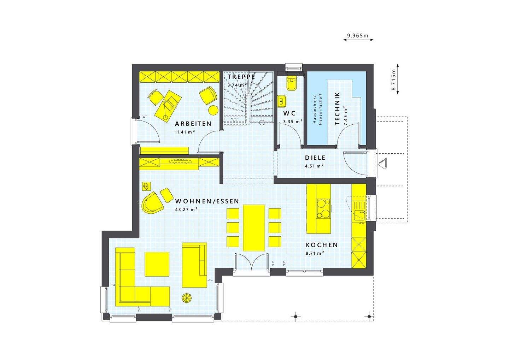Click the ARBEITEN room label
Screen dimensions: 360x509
(193, 124)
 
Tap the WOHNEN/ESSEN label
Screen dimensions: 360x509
(207, 201)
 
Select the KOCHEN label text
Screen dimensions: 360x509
(322, 245)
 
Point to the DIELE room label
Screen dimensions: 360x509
(315, 158)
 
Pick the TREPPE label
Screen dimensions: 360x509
(241, 77)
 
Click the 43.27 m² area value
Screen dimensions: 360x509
(186, 209)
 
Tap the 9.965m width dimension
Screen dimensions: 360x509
(358, 36)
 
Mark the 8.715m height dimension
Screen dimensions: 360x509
(393, 80)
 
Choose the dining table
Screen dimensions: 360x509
(254, 228)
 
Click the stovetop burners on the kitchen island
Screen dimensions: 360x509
(323, 208)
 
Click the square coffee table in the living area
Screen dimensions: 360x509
(157, 264)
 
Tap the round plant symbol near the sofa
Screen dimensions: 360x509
(186, 298)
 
